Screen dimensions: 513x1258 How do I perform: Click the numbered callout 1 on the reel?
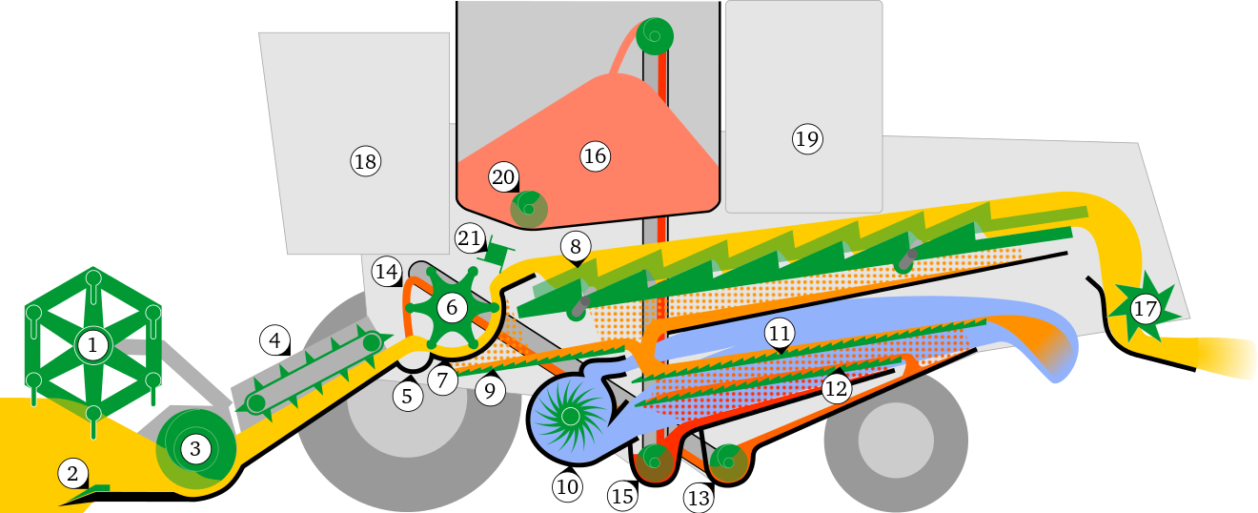[x=92, y=344]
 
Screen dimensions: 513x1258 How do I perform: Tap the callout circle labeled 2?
[x=72, y=472]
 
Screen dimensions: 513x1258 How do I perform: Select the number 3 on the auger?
[x=194, y=449]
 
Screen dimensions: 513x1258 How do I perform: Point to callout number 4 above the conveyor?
[x=274, y=339]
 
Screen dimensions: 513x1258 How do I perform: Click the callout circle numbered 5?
[x=407, y=396]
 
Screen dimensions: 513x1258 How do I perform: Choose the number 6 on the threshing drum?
[x=452, y=307]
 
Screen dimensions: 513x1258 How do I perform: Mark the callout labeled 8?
[x=575, y=246]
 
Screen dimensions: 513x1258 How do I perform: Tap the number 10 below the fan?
[x=567, y=487]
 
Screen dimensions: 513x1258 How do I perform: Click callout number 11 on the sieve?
[x=780, y=333]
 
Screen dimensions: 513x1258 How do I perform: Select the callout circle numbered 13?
[x=699, y=496]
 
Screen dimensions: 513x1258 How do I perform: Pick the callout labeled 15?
[x=622, y=496]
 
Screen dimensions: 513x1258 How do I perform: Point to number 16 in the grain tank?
[x=595, y=156]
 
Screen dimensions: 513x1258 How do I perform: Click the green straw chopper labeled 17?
[x=1144, y=309]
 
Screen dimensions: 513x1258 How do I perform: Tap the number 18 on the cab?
[x=365, y=161]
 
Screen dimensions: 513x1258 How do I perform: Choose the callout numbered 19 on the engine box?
[x=806, y=139]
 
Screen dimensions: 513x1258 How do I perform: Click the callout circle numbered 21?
[x=469, y=238]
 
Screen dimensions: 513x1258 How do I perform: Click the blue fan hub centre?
[x=569, y=416]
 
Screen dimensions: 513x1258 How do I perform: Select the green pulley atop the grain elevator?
[x=654, y=35]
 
